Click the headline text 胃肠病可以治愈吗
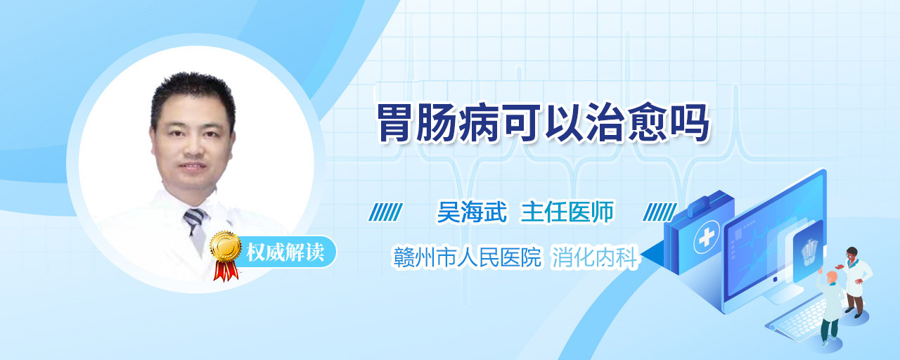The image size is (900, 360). [544, 123]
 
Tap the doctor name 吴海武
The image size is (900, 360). [472, 212]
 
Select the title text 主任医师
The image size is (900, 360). [567, 212]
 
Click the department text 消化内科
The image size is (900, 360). [595, 257]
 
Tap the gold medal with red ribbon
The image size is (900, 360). [226, 255]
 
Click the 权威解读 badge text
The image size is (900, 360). [285, 252]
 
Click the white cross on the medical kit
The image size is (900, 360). [707, 238]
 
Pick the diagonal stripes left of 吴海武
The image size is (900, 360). [385, 212]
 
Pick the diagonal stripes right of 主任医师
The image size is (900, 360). [660, 212]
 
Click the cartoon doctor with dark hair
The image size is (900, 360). [854, 282]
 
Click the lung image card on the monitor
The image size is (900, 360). [808, 252]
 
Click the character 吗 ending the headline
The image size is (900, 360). [690, 123]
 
